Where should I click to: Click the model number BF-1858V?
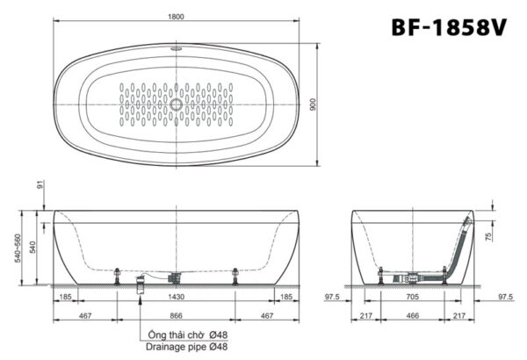[x=448, y=27]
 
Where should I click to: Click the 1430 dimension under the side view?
[x=177, y=298]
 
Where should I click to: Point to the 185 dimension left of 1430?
[x=65, y=298]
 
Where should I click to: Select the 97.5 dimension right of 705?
[x=504, y=298]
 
